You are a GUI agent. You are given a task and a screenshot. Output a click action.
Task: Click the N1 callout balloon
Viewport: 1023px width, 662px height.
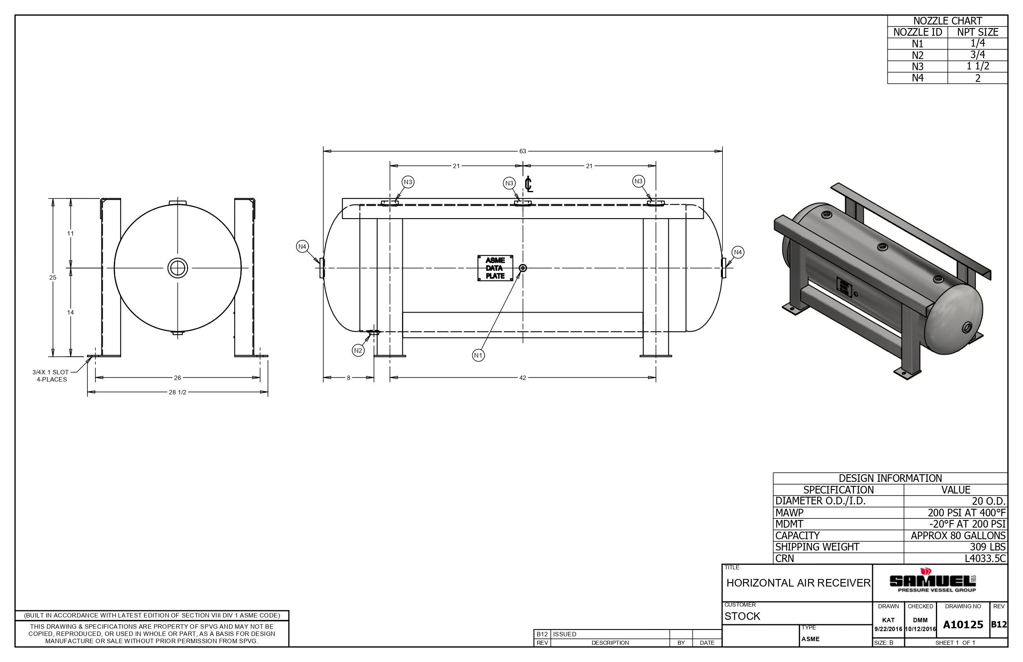(x=478, y=355)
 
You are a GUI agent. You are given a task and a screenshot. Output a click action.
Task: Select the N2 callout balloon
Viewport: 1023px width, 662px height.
(x=358, y=350)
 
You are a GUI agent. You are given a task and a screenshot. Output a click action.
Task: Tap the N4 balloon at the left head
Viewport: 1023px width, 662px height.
(x=302, y=246)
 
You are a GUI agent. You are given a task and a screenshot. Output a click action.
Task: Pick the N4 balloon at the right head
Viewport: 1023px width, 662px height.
(x=738, y=252)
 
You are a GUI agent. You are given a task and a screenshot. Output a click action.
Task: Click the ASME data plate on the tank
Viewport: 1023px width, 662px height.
(x=495, y=268)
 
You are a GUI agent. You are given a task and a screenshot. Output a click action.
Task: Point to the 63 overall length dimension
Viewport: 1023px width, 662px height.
(x=522, y=151)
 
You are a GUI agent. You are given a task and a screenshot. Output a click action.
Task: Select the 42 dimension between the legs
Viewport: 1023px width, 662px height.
(x=522, y=378)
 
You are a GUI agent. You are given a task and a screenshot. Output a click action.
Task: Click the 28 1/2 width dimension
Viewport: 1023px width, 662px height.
(x=177, y=392)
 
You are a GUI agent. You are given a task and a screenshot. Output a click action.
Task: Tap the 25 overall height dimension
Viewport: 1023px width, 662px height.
(x=53, y=277)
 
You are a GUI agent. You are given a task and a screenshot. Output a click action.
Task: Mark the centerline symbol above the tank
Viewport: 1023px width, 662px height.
(x=529, y=185)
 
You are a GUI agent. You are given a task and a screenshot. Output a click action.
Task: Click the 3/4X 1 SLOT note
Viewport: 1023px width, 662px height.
(x=50, y=372)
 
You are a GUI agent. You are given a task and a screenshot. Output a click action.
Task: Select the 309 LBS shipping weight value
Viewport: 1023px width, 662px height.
(x=987, y=547)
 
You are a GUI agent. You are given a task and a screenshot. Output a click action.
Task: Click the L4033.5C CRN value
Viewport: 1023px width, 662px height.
(x=985, y=558)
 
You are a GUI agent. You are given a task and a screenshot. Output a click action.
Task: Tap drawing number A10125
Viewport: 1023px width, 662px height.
(x=963, y=625)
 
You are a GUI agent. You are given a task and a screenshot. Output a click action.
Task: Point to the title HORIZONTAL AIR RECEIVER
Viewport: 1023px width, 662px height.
(x=798, y=583)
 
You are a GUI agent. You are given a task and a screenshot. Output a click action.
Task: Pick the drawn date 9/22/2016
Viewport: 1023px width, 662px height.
(x=888, y=629)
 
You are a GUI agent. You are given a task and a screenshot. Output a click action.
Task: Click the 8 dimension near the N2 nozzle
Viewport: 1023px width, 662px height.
(x=349, y=378)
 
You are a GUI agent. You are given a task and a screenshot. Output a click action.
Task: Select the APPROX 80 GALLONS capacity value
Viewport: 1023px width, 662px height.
(x=958, y=536)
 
